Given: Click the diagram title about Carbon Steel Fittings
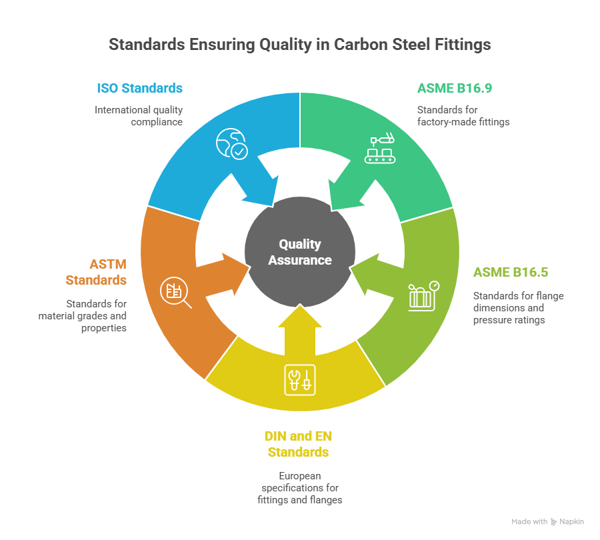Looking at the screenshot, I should tap(300, 45).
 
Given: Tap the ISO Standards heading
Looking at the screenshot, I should tap(139, 88).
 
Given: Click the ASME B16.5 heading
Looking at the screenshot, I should tap(511, 272).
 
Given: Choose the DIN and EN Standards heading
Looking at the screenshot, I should tap(298, 444).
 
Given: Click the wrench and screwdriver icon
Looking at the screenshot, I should tap(299, 379).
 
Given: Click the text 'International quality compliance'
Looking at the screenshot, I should tap(139, 115).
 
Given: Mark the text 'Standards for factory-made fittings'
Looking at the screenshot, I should tap(463, 115).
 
